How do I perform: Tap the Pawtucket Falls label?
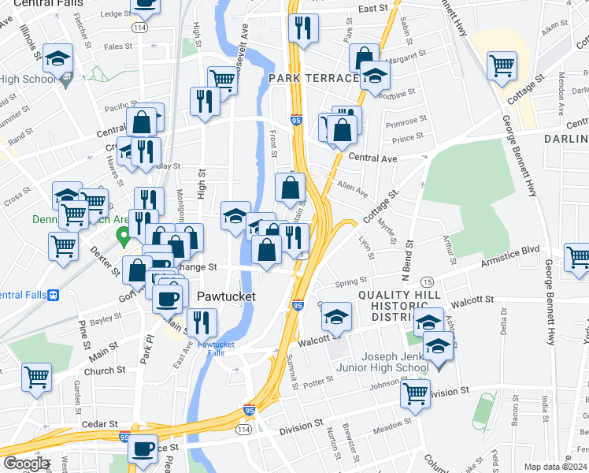tap(216, 349)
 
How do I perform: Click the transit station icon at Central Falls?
tap(54, 296)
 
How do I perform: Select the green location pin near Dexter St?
tap(123, 236)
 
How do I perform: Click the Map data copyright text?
tap(555, 467)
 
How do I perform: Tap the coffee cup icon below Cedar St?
tap(143, 449)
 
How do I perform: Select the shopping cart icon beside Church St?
tap(36, 378)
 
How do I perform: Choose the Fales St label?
tap(118, 47)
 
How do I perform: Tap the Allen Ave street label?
tap(352, 190)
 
